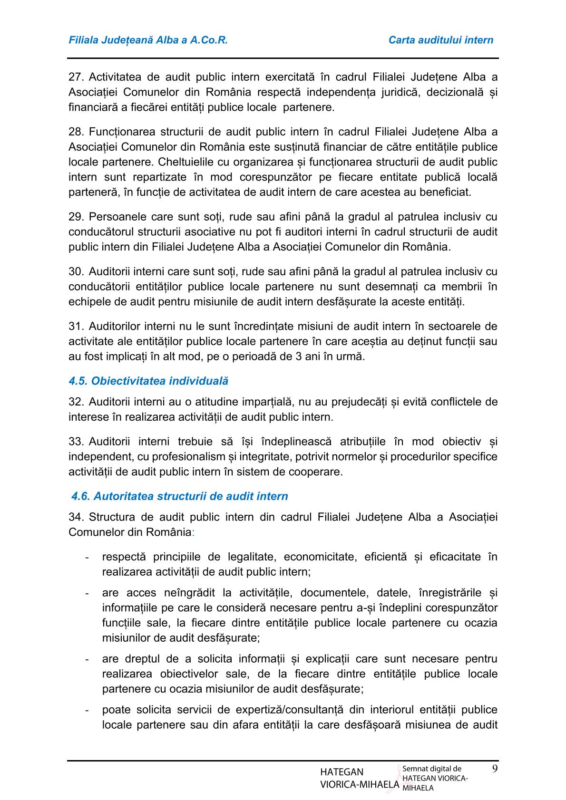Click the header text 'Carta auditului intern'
point(440,40)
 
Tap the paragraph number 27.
point(76,77)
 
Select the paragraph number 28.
point(76,132)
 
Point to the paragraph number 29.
point(76,217)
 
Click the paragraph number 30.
point(76,272)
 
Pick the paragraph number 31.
point(76,327)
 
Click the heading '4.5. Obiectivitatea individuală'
point(148,381)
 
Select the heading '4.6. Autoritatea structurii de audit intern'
point(179,496)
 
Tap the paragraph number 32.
point(76,402)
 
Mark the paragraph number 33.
point(76,442)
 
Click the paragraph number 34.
point(76,517)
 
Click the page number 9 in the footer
point(495,769)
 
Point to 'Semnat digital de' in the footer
point(431,769)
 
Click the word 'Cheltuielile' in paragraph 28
point(185,162)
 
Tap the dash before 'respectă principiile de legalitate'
point(87,557)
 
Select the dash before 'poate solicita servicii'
point(87,710)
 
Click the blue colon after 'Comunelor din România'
point(193,532)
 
